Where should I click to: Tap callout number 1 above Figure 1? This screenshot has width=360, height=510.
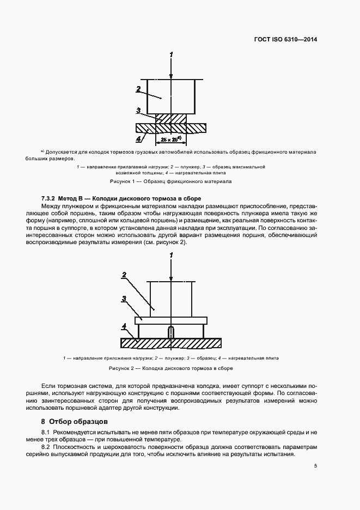click(172, 54)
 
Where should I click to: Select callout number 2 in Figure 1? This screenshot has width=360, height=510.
click(138, 88)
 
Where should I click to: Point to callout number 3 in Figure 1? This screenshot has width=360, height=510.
click(138, 110)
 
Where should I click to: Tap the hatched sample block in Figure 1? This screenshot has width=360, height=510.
click(171, 118)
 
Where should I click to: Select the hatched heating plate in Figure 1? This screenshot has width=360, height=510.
click(147, 127)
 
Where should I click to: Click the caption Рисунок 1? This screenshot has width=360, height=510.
click(171, 181)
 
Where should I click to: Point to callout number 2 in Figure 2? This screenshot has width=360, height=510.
click(124, 276)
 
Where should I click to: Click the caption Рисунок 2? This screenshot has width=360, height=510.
click(171, 368)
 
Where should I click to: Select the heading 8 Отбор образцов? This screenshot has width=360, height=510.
click(75, 422)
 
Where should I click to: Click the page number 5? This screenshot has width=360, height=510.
click(315, 466)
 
